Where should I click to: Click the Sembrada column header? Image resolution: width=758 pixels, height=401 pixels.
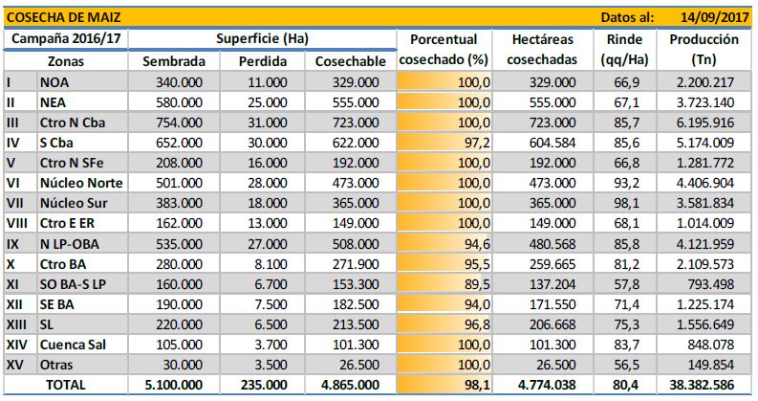pyautogui.click(x=173, y=61)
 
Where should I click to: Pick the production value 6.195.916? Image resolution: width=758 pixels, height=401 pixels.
pyautogui.click(x=708, y=123)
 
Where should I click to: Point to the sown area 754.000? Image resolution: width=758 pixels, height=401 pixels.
pyautogui.click(x=180, y=123)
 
